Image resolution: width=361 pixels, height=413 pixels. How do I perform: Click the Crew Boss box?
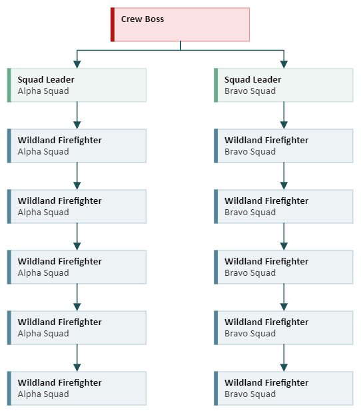[x=180, y=25]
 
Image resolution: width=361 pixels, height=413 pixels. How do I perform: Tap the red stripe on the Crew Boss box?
[x=113, y=25]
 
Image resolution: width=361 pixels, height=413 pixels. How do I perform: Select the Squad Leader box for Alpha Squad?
[x=77, y=85]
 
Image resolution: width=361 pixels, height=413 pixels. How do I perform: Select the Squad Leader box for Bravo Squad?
[x=284, y=85]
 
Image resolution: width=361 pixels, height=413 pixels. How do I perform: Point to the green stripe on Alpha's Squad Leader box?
[x=9, y=85]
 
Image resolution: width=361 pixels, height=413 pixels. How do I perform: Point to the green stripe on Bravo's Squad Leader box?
[x=216, y=85]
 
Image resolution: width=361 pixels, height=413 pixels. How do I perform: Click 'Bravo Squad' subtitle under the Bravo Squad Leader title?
[x=250, y=91]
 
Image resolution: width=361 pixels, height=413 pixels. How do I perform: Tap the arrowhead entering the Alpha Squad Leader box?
[x=77, y=65]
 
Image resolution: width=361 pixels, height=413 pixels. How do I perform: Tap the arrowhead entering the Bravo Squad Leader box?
[x=284, y=65]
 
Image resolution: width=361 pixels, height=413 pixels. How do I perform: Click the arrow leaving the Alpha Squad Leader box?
[x=77, y=115]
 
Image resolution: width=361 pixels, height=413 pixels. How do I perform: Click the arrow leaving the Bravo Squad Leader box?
[x=284, y=115]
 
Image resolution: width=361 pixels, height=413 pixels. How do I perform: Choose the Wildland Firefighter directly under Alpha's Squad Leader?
[x=77, y=146]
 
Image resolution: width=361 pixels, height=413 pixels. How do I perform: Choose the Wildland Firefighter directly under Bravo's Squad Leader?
[x=284, y=146]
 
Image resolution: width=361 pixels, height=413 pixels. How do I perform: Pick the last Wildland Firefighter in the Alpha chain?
[x=77, y=388]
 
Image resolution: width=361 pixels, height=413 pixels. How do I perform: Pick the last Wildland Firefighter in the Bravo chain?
[x=284, y=388]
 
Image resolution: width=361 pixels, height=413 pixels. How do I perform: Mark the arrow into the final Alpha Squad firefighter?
[x=77, y=358]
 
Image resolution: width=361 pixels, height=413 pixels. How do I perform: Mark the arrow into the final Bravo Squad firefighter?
[x=284, y=358]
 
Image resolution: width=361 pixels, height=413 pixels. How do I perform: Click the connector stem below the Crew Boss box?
[x=180, y=45]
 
